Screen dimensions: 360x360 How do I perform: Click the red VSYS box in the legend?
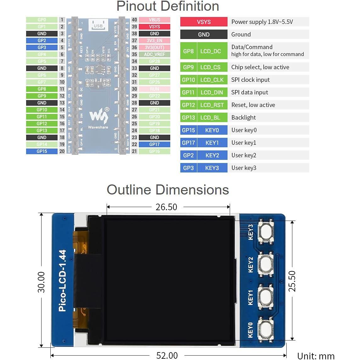[204, 22]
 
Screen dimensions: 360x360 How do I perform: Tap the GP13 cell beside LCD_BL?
[188, 117]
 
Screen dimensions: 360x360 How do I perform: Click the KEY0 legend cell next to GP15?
[212, 130]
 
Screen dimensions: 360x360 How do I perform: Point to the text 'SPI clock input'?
[250, 80]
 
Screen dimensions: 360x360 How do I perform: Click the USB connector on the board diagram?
[98, 25]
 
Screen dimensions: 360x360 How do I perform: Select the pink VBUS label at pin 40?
[154, 20]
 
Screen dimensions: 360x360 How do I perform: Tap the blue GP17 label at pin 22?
[154, 144]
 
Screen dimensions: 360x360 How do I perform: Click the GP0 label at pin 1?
[42, 20]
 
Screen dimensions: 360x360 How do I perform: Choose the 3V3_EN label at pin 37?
[154, 41]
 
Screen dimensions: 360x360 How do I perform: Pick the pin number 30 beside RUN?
[134, 89]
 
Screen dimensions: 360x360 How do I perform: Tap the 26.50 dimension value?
[166, 207]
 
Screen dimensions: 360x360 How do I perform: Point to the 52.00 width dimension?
[167, 355]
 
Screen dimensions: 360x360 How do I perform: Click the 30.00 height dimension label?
[41, 282]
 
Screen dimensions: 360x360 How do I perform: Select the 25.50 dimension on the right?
[292, 281]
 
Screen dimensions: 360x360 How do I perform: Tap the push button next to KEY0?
[265, 329]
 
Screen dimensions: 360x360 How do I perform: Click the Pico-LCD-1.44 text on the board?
[62, 281]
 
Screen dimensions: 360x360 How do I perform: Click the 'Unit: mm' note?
[316, 356]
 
